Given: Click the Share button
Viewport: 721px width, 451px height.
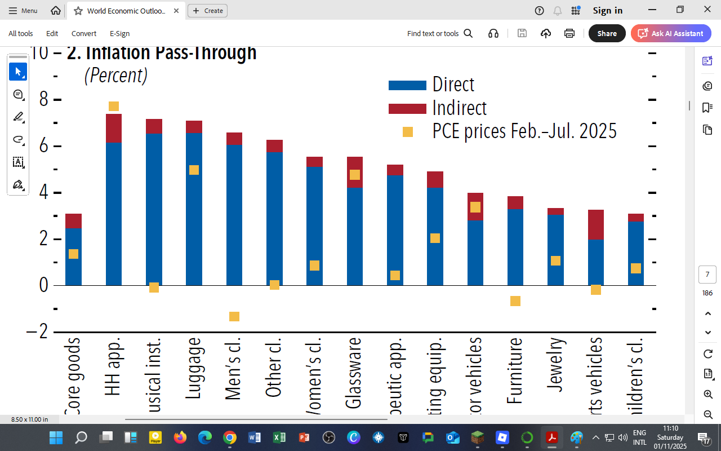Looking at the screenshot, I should [607, 33].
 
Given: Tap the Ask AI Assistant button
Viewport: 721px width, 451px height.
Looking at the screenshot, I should [670, 33].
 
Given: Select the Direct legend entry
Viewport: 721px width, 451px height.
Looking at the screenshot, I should [453, 85].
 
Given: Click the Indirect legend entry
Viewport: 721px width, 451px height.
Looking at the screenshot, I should [459, 108].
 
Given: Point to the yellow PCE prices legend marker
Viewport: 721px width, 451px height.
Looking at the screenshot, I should [408, 132].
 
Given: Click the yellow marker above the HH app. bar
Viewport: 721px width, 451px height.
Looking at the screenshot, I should [114, 106].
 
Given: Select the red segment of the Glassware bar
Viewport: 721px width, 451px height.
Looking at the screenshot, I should [355, 172].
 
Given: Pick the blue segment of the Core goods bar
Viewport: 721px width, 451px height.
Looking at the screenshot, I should [73, 257].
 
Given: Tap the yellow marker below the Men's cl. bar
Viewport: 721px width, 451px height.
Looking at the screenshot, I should [234, 316].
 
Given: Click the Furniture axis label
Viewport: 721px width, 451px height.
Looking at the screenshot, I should [515, 370].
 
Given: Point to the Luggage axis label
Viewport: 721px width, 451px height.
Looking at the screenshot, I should [194, 368].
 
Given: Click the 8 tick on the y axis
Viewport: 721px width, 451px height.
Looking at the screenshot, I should [44, 100].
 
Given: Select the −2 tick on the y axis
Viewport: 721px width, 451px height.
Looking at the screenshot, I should [38, 331].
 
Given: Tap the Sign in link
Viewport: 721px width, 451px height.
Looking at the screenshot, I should [607, 11].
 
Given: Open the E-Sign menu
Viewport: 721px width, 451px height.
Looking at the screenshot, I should [119, 33].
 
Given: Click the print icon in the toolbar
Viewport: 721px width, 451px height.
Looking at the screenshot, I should [569, 33].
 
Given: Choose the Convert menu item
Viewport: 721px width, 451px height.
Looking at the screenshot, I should [84, 33].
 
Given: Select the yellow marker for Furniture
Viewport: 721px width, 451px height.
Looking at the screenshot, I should [515, 301].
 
